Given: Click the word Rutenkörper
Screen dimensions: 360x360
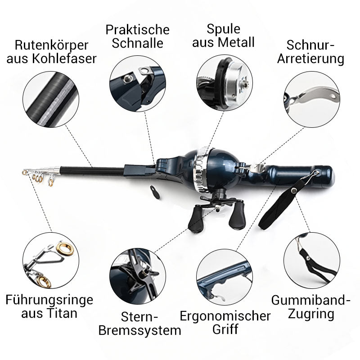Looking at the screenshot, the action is pos(51,45).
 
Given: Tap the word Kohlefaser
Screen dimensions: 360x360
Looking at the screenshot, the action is pos(64,58).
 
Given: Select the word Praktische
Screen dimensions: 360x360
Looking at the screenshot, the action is pos(138,30).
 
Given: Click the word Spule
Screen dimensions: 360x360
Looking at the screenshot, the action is pos(223,29).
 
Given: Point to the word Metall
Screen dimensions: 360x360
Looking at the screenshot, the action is pos(237,42).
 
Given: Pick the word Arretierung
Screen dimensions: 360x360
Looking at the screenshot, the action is pos(310,58).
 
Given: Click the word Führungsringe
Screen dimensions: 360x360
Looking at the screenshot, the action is pos(49,300).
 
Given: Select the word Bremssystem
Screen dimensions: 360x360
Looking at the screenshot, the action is pos(140,330).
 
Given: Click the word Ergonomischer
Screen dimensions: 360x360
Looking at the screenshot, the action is pos(225,316).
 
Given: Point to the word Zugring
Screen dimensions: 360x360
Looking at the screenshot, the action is pos(311,314).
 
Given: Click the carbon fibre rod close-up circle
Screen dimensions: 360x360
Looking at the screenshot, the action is pos(51,99).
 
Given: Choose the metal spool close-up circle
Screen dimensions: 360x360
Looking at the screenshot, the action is pos(225,83).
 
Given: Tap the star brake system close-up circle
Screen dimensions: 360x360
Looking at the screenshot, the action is pos(138,276).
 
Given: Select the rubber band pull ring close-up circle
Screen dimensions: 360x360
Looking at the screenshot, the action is pos(312,261).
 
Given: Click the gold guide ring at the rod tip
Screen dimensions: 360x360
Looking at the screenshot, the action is pos(24,172).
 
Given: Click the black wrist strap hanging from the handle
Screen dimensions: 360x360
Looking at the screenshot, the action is pos(279,204).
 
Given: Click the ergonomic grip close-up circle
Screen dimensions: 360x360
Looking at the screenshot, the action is pos(225,277).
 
